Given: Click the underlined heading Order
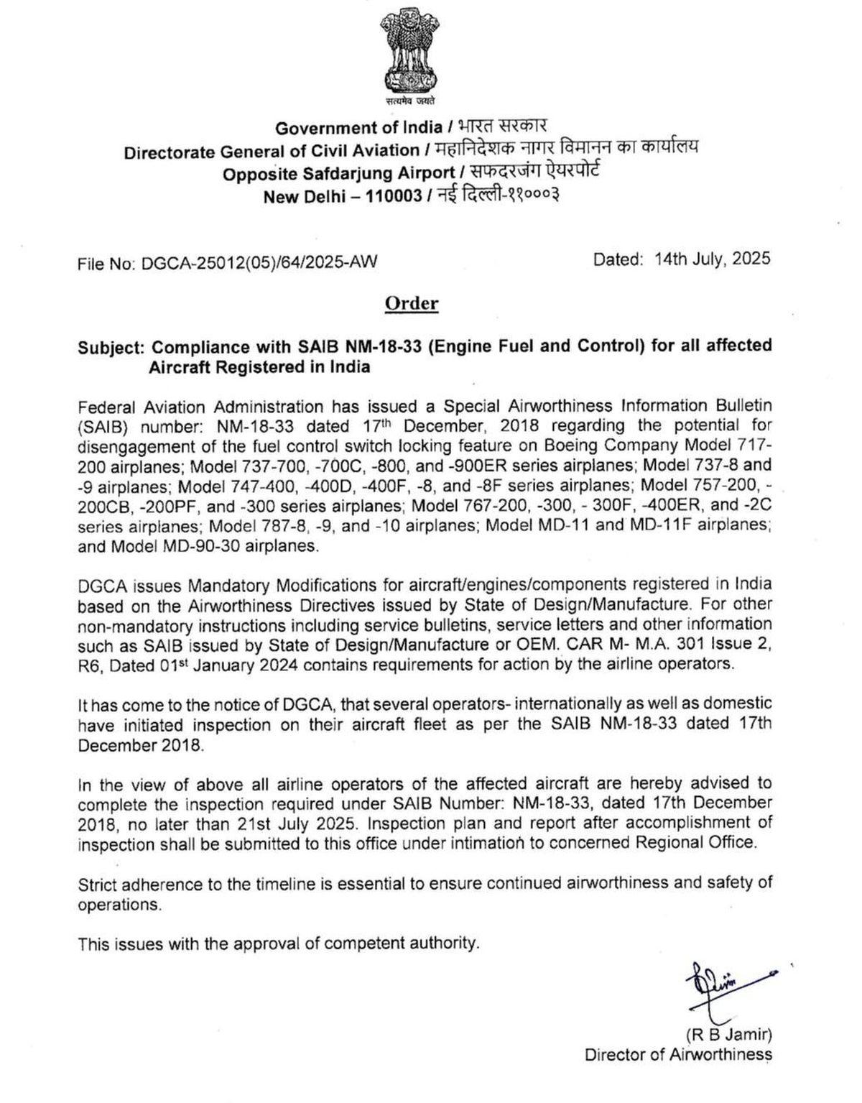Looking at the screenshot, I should (x=412, y=303).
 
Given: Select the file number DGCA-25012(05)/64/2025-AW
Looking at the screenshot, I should (x=259, y=263).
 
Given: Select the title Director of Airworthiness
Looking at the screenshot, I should (x=678, y=1055).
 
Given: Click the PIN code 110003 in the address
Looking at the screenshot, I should (x=394, y=196).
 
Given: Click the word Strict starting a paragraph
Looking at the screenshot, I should (x=97, y=884).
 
